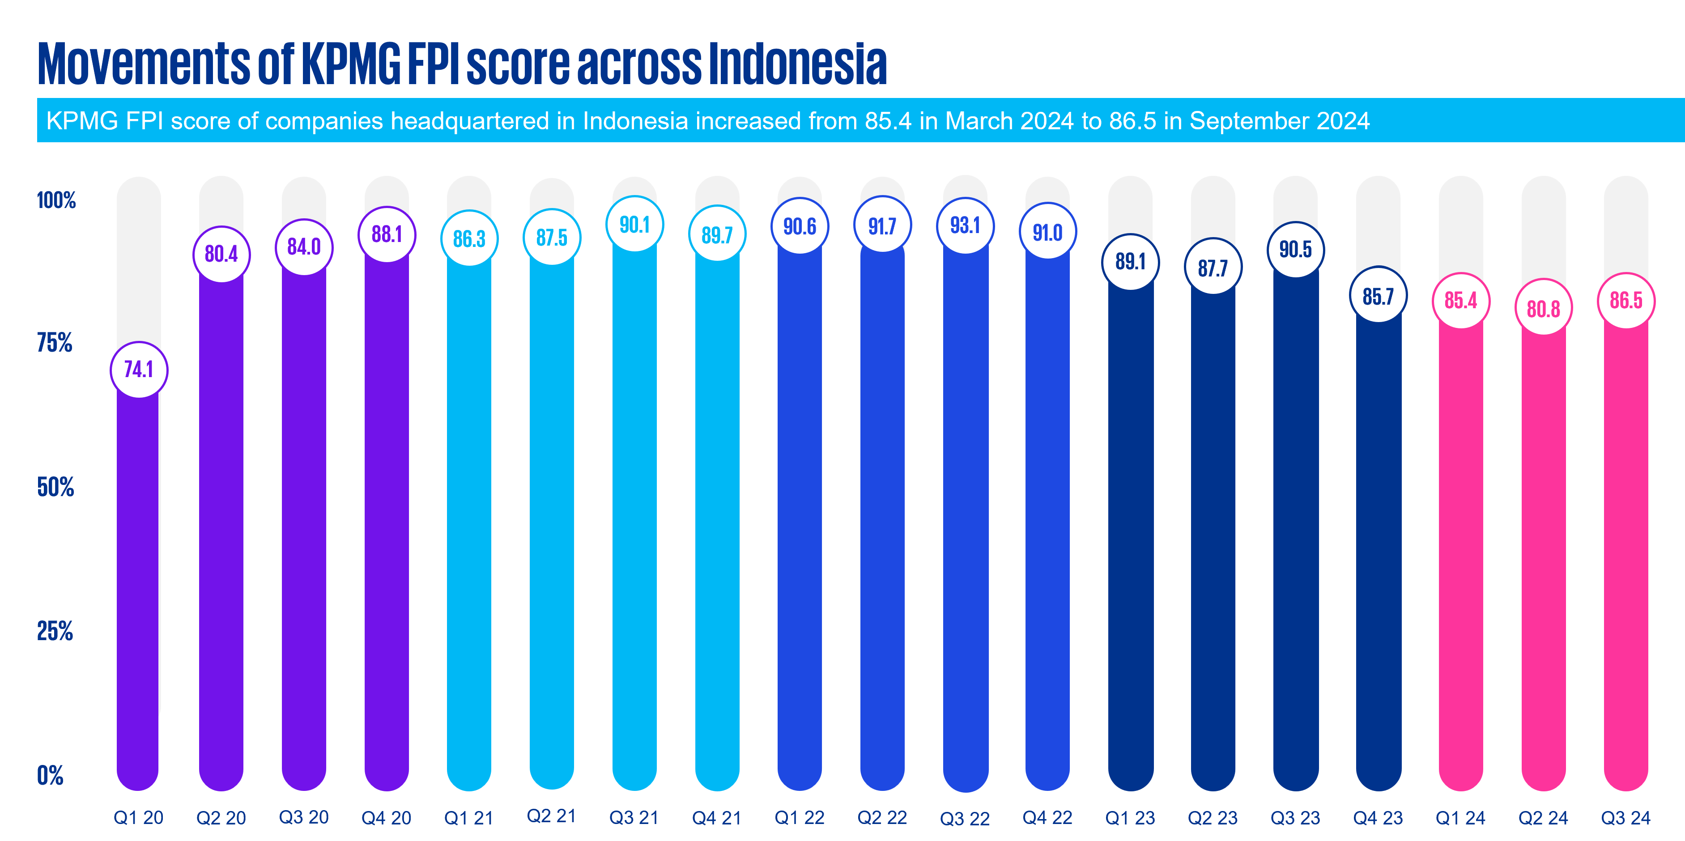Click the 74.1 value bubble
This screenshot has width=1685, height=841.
(x=139, y=370)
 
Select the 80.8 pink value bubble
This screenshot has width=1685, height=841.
(x=1544, y=308)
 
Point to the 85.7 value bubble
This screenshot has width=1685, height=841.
(x=1378, y=296)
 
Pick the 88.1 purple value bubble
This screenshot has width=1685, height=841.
(x=387, y=234)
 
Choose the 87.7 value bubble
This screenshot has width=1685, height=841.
(x=1213, y=268)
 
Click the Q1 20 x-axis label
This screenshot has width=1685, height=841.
(x=139, y=817)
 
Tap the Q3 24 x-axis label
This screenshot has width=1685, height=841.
(x=1625, y=817)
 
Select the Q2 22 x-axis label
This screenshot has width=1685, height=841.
(x=882, y=817)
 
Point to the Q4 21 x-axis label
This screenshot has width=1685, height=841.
(x=717, y=817)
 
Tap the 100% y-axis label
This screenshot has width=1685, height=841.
(x=56, y=200)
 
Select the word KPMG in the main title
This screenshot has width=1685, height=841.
(x=351, y=64)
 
